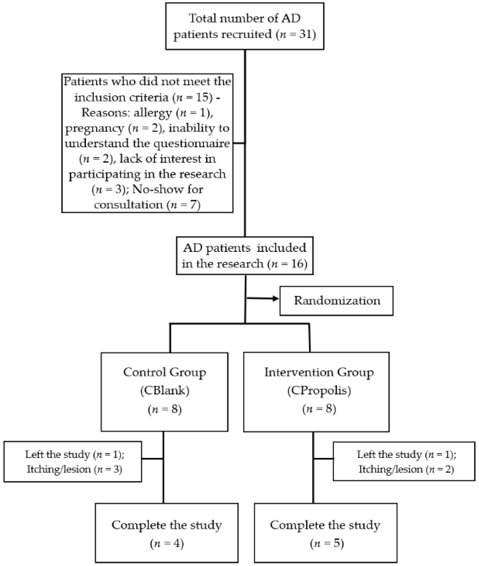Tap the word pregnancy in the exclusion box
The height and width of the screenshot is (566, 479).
point(95,128)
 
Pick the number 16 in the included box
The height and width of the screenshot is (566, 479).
point(298,263)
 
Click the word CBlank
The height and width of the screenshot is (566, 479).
point(165,390)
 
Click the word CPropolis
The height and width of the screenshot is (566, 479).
point(319,390)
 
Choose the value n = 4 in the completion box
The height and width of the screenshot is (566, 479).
point(167,543)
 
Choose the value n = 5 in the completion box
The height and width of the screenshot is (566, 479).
point(327,543)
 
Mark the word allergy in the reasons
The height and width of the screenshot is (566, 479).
point(153,113)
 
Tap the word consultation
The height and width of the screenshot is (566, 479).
point(128,205)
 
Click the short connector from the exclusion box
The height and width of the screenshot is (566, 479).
point(239,143)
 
